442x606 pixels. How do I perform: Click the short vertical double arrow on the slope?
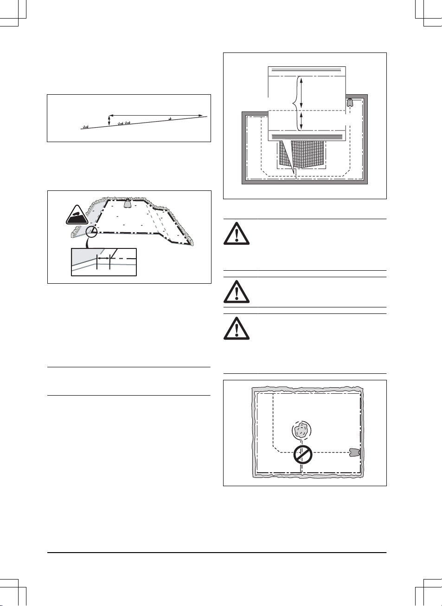pyautogui.click(x=109, y=121)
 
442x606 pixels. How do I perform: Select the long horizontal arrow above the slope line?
pyautogui.click(x=156, y=115)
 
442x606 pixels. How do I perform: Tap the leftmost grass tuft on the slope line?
pyautogui.click(x=85, y=126)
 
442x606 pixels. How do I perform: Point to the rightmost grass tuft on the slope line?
pyautogui.click(x=170, y=119)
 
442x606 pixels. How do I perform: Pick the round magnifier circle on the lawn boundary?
pyautogui.click(x=92, y=231)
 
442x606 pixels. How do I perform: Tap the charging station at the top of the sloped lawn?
pyautogui.click(x=127, y=202)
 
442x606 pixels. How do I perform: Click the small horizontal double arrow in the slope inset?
pyautogui.click(x=103, y=256)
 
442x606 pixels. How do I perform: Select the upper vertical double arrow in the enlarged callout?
pyautogui.click(x=302, y=93)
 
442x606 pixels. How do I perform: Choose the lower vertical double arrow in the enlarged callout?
pyautogui.click(x=302, y=120)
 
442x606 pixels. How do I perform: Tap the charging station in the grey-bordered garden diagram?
pyautogui.click(x=350, y=102)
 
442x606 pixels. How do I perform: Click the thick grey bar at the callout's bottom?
pyautogui.click(x=307, y=137)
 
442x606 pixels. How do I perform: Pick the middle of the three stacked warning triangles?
pyautogui.click(x=237, y=292)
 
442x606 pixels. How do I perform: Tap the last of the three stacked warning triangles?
pyautogui.click(x=237, y=329)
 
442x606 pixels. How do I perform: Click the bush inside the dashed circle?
pyautogui.click(x=301, y=430)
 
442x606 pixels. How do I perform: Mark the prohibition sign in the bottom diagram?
pyautogui.click(x=302, y=455)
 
